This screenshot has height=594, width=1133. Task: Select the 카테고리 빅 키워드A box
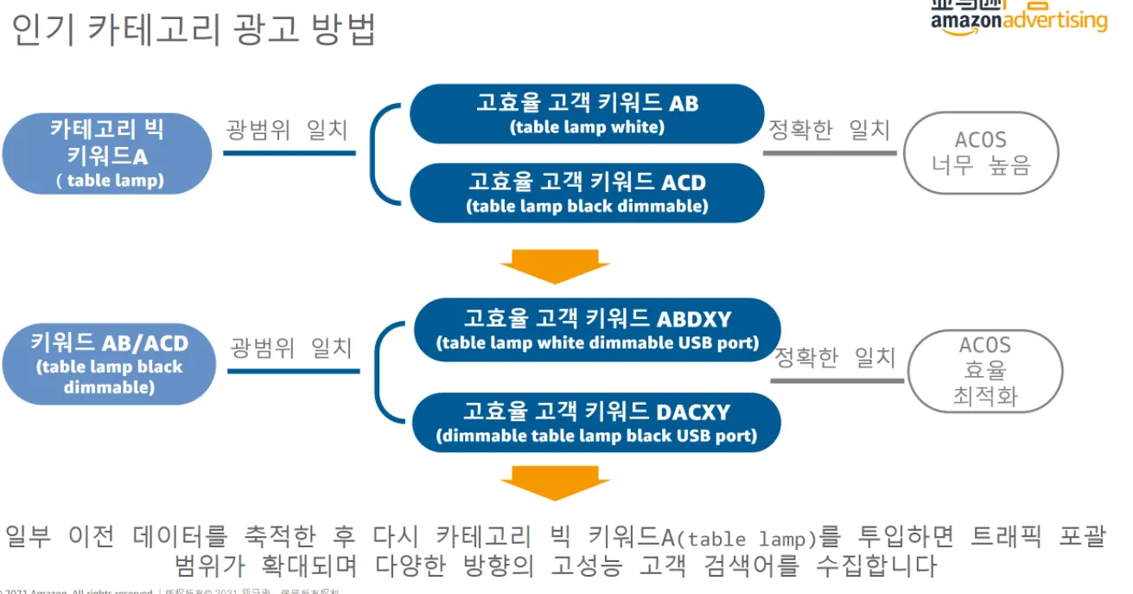(107, 154)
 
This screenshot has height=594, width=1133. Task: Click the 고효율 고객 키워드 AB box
(587, 113)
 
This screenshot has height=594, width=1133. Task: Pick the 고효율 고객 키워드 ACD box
(587, 193)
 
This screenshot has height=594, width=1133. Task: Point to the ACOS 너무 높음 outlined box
(981, 152)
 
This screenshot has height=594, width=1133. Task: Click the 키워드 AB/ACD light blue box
(109, 364)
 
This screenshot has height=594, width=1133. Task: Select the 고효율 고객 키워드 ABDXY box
(597, 329)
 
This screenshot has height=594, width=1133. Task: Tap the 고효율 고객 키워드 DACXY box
(597, 423)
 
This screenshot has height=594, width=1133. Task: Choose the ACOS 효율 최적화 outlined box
(985, 371)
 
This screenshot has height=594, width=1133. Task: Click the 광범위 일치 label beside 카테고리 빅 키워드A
(287, 130)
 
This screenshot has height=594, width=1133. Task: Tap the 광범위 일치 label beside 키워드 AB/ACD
(291, 348)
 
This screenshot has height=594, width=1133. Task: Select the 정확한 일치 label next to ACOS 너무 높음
(829, 130)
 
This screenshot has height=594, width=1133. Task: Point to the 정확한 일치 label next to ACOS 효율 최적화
(834, 357)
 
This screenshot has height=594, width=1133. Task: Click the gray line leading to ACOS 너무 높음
(830, 154)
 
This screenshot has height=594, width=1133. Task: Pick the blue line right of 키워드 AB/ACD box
(293, 372)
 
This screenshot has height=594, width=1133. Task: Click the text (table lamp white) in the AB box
(587, 127)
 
